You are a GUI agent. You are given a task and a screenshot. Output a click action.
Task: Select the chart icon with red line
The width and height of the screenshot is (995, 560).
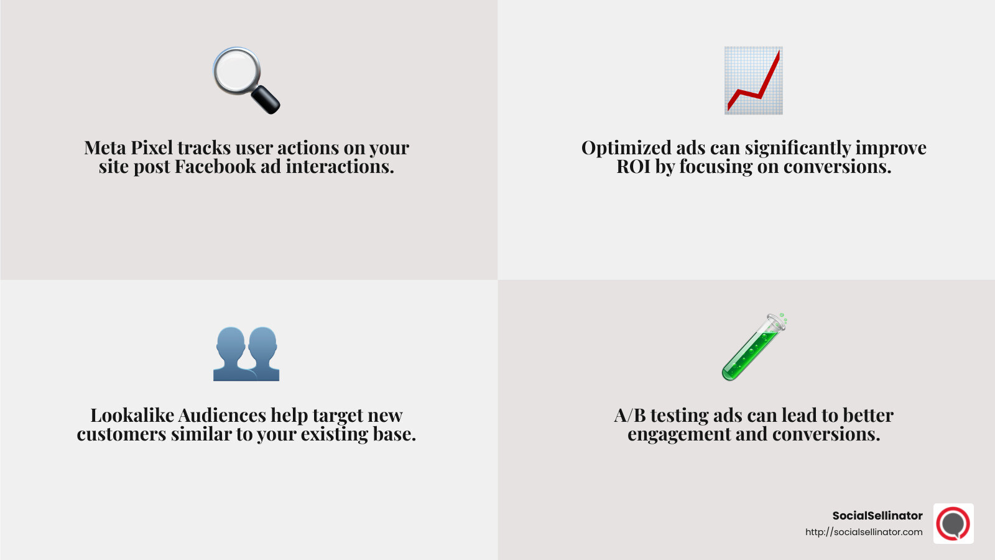tap(753, 80)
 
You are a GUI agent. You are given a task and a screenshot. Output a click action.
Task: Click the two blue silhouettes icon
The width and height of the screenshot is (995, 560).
tap(246, 353)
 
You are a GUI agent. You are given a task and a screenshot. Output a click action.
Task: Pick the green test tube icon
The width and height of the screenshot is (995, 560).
tap(754, 347)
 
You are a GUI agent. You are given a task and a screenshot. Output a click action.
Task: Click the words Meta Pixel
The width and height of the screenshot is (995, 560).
tap(129, 148)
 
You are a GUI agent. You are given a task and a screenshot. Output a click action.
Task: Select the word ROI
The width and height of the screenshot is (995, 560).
tap(633, 167)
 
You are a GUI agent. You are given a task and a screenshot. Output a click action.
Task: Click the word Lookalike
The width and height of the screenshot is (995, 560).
tap(132, 416)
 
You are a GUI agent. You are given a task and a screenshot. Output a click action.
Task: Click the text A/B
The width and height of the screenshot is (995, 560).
tap(629, 416)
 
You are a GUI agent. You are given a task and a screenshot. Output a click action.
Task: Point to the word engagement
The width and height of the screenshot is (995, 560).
tap(679, 434)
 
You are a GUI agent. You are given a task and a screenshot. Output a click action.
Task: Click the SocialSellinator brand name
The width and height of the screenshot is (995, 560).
tap(877, 516)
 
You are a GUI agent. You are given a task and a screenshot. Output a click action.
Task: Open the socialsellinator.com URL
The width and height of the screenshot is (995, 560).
tap(864, 532)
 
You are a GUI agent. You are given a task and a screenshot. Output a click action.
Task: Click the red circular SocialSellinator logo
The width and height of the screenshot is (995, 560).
tap(953, 524)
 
